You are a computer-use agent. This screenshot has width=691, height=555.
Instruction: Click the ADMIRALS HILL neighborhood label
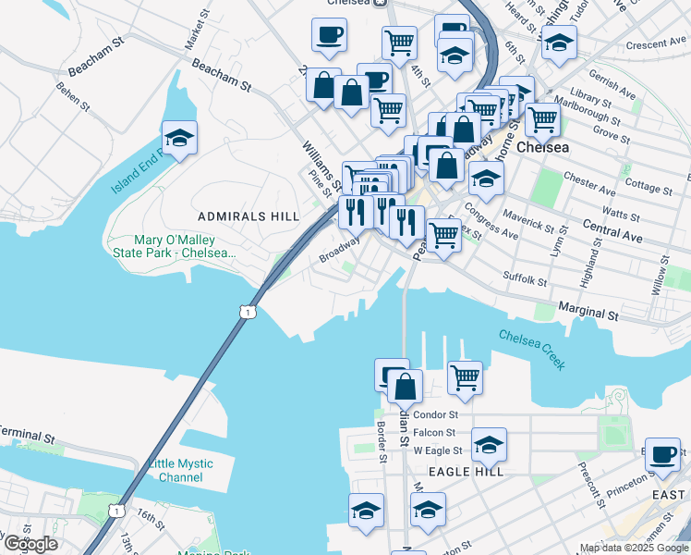[249, 216]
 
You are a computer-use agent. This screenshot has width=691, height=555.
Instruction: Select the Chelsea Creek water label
[532, 350]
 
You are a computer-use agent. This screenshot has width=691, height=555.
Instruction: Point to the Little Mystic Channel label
[179, 471]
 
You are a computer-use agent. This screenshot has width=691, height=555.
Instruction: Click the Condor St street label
[435, 415]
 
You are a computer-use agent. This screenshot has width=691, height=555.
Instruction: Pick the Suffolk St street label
[525, 277]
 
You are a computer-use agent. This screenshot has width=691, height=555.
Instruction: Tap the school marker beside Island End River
[180, 139]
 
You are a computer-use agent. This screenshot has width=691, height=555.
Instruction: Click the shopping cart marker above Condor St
[465, 376]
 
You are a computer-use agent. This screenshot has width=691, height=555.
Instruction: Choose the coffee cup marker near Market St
[330, 36]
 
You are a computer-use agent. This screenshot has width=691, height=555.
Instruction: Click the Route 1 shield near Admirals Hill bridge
[246, 313]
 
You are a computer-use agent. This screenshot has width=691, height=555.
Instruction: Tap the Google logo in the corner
[30, 544]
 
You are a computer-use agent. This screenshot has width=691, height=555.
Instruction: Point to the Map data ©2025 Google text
[634, 548]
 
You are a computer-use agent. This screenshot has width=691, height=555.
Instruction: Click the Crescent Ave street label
[655, 43]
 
